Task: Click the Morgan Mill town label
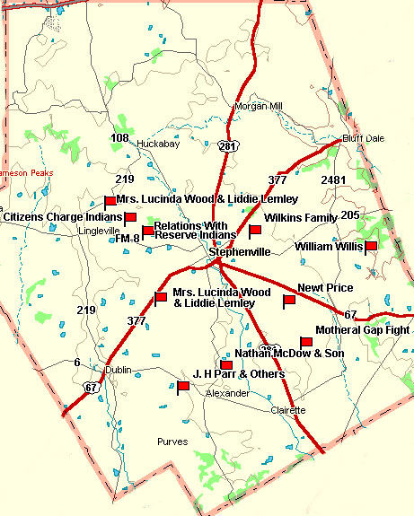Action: pos(258,106)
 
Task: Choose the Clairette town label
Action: pos(288,409)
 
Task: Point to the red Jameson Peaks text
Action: pos(27,172)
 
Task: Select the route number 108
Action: pos(119,137)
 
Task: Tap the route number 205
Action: pos(349,215)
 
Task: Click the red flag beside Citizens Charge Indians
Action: pos(129,218)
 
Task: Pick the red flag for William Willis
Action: pos(370,245)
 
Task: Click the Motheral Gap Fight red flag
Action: pos(305,342)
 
